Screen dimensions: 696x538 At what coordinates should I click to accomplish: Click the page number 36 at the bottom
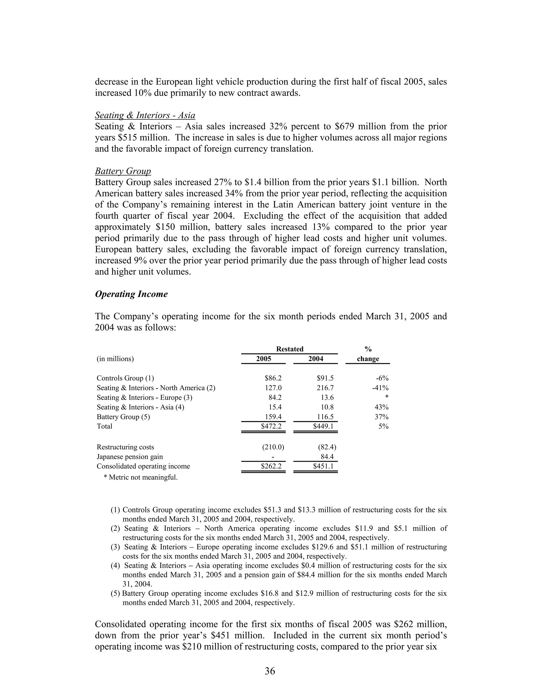point(270,671)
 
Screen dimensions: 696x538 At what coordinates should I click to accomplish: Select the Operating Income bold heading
point(131,294)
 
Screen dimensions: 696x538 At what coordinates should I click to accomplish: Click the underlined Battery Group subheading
point(123,171)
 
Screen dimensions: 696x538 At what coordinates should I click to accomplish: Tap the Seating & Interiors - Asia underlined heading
point(145,115)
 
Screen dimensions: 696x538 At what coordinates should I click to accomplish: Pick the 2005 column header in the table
point(263,359)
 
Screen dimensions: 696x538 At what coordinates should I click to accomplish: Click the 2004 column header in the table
point(315,359)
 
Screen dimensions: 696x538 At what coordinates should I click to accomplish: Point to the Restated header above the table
point(289,349)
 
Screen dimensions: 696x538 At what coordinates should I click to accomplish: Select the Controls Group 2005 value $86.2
point(273,378)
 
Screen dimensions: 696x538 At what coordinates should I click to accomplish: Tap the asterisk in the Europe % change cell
point(387,398)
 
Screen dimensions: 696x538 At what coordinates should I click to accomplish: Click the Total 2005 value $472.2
point(271,426)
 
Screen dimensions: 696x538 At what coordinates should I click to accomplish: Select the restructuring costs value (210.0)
point(273,447)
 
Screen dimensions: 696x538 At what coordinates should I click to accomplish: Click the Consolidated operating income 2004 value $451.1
point(323,466)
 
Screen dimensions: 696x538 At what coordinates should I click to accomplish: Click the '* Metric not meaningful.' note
point(141,477)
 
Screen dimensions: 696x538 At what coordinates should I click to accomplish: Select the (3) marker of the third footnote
point(115,547)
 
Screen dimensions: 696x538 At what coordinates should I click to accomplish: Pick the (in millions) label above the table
point(115,359)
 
